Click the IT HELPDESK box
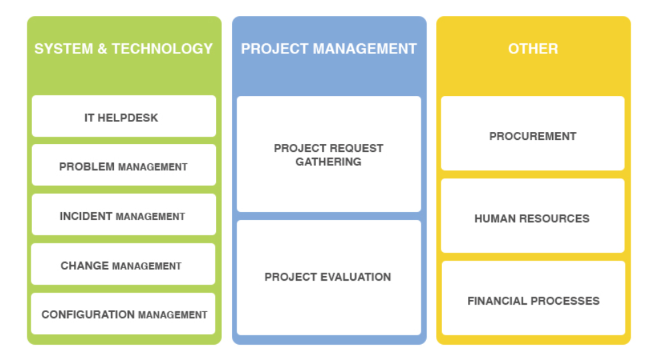(124, 117)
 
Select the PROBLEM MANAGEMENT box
(124, 165)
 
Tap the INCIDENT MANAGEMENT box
(124, 215)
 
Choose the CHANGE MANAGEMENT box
(123, 264)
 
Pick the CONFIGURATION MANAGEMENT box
(123, 314)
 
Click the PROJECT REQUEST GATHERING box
(329, 155)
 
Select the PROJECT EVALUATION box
(329, 278)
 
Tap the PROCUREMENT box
(533, 133)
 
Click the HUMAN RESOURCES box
(533, 215)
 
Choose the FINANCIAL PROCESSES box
(533, 298)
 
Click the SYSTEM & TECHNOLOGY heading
(123, 49)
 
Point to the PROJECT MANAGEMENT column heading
(329, 49)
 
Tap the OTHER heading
(533, 49)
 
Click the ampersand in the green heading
(102, 49)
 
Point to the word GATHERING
(329, 162)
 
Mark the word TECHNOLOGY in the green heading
(162, 49)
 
